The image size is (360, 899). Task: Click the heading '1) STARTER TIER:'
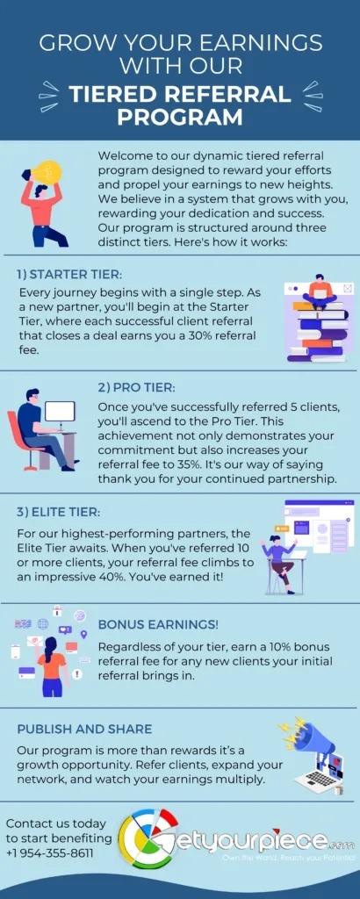[69, 275]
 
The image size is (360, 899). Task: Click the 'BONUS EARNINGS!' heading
[158, 624]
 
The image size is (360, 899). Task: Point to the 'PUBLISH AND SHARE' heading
[84, 729]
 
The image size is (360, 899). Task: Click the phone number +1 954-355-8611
[49, 853]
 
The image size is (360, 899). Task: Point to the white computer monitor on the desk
[60, 413]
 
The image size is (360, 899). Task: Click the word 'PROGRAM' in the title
[180, 117]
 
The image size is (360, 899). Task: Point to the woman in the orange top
[52, 665]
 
